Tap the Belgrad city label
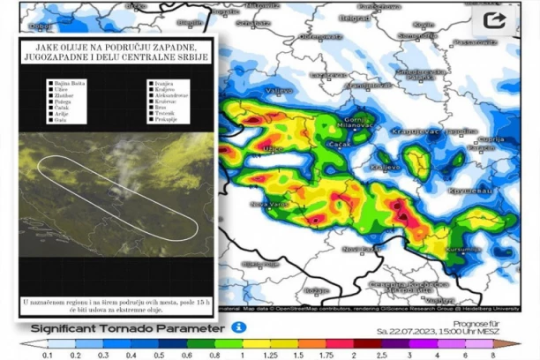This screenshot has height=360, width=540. (x=355, y=18)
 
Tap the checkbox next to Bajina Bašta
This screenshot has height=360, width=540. (x=50, y=82)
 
